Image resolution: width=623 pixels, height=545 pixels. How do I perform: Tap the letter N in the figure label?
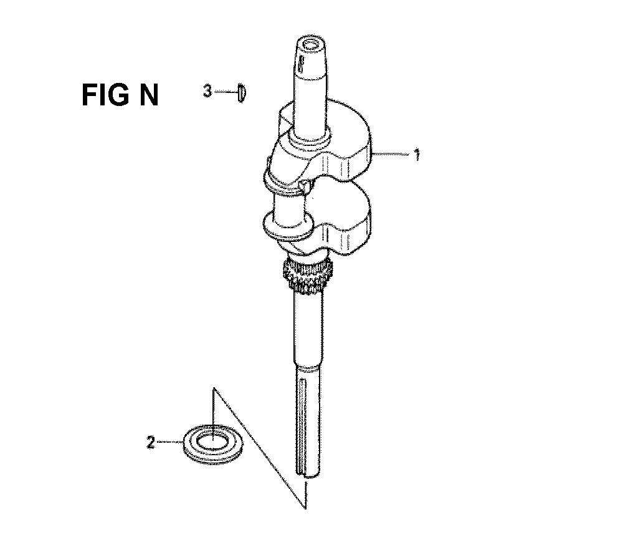pos(148,95)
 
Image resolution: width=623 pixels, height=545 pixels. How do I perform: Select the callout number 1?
pos(417,154)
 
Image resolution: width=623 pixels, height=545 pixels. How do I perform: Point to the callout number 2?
pos(150,443)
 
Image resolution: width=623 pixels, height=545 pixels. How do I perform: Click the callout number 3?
pos(207,92)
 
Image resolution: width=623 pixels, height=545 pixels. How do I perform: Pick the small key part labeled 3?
pos(242,92)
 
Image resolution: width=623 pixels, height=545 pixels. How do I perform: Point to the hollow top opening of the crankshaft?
pos(310,44)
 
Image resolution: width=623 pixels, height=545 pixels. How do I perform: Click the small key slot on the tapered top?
pos(301,62)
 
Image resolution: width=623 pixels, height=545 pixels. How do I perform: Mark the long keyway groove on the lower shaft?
pos(302,424)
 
